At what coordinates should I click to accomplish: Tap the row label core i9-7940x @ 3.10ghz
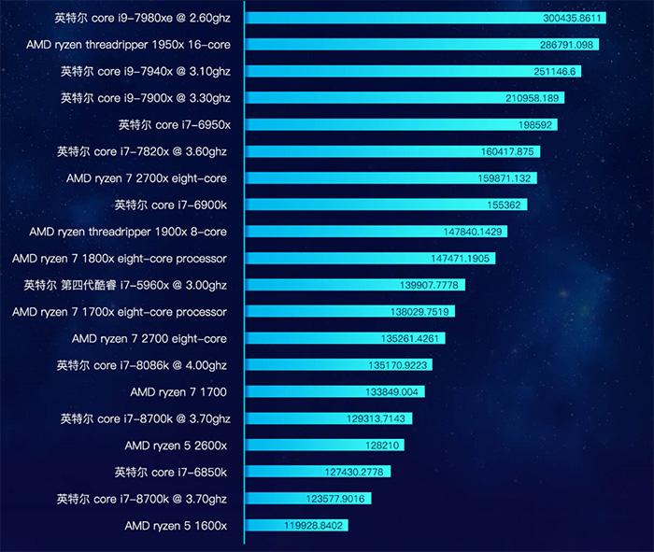145,71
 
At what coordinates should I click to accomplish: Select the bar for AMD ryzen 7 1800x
370,258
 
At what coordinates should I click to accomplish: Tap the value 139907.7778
431,285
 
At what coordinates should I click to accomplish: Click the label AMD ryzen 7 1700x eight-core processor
120,312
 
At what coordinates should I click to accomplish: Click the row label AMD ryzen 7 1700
178,392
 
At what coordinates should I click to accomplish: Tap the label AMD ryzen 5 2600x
176,446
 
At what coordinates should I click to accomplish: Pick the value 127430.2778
355,472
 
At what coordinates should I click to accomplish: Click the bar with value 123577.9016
308,499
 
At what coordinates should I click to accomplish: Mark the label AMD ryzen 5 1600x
176,526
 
